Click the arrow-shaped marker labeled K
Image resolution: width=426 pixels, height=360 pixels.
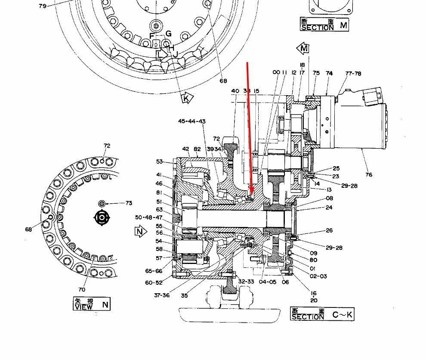coord(186,98)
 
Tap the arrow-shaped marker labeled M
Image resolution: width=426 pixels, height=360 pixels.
coord(303,48)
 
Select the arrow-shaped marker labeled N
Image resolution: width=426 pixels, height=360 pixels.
coord(139,232)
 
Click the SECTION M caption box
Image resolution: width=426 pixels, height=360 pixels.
coord(324,25)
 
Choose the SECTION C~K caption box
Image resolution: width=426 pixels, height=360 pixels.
coord(322,314)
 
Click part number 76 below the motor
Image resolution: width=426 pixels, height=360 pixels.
coord(369,174)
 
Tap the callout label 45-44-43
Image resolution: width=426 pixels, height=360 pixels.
coord(191,121)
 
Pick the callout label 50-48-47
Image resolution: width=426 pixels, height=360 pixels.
coord(149,217)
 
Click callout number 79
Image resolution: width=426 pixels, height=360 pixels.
coord(43,6)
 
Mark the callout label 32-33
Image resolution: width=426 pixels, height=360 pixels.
coord(246,281)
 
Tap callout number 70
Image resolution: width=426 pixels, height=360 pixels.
coord(82,289)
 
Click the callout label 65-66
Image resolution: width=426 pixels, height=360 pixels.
coord(154,271)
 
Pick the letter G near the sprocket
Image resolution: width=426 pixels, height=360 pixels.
coord(168,34)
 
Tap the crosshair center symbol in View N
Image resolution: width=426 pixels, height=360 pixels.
coord(102,217)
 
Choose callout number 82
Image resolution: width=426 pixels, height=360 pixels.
coord(197,149)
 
